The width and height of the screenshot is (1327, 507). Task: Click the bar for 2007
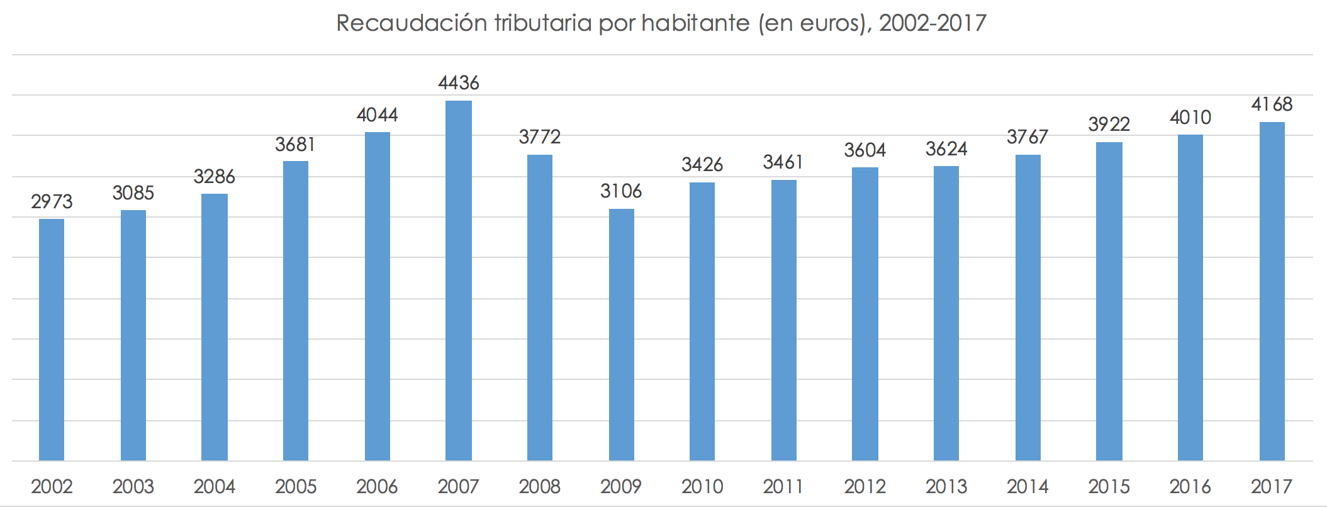pos(458,281)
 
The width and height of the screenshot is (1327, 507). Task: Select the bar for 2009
pos(621,335)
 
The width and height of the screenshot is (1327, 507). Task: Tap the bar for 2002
pos(52,340)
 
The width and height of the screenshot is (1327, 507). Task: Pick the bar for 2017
pos(1272,291)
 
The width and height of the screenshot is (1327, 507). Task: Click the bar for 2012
pos(865,314)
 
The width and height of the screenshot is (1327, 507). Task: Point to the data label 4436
pos(458,83)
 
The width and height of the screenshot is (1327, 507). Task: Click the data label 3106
pos(621,191)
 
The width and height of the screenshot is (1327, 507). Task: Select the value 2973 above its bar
pos(52,202)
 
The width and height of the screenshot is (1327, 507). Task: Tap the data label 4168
pos(1272,104)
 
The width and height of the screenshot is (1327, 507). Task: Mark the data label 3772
pos(539,137)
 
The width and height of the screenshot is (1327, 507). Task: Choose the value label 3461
pos(783,163)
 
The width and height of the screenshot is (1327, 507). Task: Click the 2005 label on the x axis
pos(296,486)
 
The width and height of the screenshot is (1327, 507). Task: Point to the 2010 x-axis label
pos(702,486)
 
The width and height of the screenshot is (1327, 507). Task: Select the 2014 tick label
pos(1027,486)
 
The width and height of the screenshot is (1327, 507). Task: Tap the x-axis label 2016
pos(1190,486)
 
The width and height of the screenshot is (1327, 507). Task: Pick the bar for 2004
pos(215,327)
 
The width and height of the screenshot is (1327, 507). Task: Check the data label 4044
pos(377,115)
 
